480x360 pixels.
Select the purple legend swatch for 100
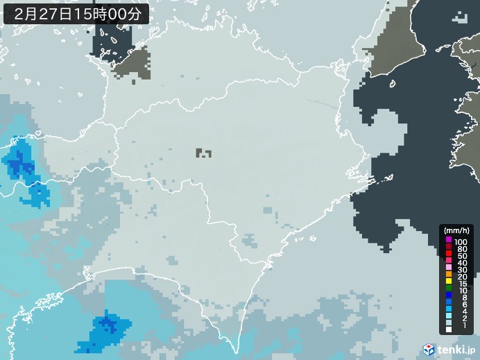449,240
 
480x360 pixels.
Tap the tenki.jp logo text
457,350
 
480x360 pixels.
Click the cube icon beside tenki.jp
429,350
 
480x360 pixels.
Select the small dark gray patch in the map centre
203,152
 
